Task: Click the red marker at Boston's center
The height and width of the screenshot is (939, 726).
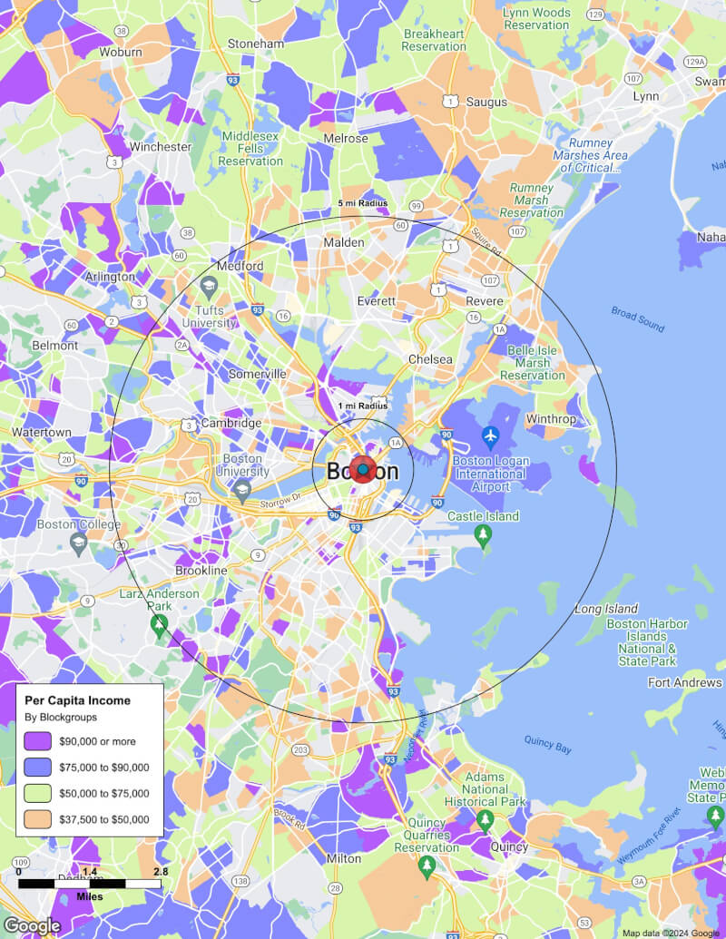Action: coord(363,470)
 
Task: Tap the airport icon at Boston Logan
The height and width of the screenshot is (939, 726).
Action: coord(491,437)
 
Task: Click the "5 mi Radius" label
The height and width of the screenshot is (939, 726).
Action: coord(363,203)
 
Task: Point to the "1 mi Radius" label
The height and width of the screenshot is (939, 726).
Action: coord(363,406)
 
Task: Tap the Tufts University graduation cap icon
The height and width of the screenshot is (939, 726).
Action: coord(209,289)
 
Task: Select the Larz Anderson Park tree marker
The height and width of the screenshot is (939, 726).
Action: coord(160,625)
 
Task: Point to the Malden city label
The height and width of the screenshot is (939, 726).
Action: coord(344,242)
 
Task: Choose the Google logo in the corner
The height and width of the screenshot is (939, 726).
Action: coord(32,925)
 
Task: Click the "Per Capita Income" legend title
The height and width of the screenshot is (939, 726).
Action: coord(77,700)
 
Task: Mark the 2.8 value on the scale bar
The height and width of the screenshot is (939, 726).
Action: coord(160,872)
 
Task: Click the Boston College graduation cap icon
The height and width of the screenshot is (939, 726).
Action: coord(79,543)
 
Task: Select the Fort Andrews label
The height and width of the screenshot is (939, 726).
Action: coord(685,682)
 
